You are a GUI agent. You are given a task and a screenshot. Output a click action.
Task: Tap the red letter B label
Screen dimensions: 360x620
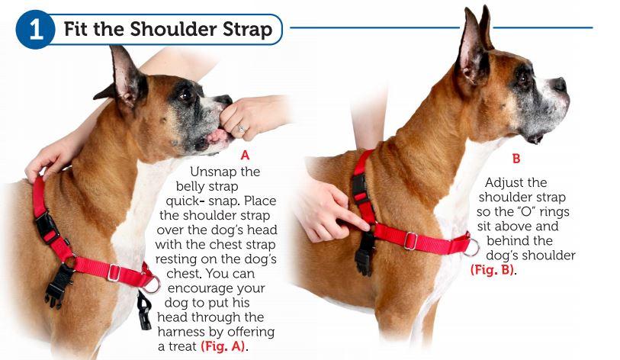tap(516, 160)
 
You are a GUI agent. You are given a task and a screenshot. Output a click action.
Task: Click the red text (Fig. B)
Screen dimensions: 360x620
tap(493, 269)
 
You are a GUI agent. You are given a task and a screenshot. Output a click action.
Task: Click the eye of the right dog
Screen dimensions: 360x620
tap(524, 77)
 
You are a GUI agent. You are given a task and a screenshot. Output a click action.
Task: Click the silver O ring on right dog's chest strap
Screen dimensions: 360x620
tap(471, 248)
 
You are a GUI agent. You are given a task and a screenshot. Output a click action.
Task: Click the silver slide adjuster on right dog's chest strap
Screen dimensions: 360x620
tap(410, 241)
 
